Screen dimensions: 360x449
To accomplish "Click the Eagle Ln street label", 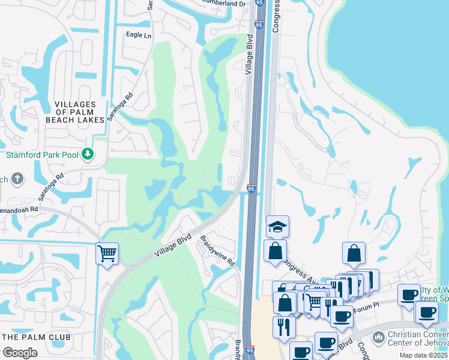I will click(139, 35).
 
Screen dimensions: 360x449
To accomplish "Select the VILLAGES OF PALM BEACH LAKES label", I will click(76, 112).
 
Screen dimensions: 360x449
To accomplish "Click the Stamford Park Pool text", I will click(42, 155).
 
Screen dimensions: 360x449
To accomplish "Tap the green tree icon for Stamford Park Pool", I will click(88, 154).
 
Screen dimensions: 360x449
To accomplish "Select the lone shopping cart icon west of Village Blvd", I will click(107, 254).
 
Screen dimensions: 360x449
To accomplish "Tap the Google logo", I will click(20, 352).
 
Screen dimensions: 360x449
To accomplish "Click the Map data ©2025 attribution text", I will click(424, 355).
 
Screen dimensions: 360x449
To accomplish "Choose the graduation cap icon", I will click(278, 226).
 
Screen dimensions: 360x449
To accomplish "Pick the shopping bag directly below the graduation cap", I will click(275, 251).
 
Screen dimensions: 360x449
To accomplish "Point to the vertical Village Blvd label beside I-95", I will click(249, 55).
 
